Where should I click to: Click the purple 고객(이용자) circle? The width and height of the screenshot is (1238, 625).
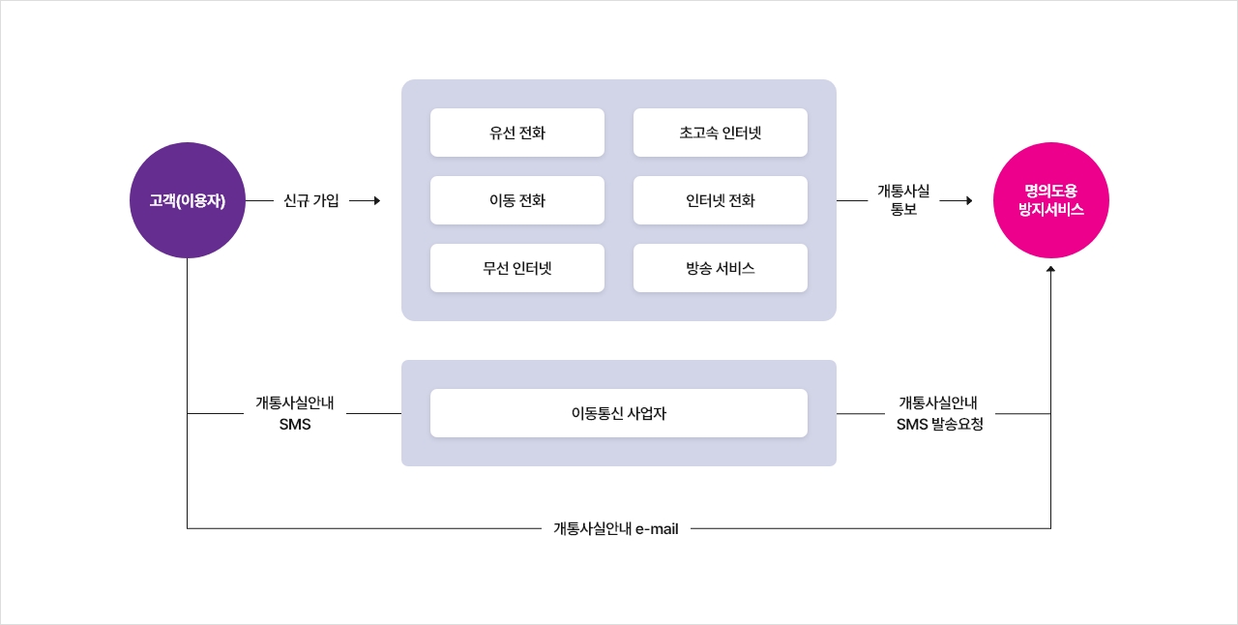(x=188, y=200)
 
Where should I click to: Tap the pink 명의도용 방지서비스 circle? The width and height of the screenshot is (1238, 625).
(x=1050, y=200)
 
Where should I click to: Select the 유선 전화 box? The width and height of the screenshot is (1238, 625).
(x=517, y=133)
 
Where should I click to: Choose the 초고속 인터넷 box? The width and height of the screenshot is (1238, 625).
(x=721, y=133)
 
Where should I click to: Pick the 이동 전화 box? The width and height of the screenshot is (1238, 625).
(x=517, y=200)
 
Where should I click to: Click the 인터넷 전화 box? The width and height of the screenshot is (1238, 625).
(x=721, y=200)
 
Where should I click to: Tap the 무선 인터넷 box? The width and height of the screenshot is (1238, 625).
(x=517, y=268)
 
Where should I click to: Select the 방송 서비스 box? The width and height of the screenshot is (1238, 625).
(x=721, y=268)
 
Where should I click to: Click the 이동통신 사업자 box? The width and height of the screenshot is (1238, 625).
(x=619, y=413)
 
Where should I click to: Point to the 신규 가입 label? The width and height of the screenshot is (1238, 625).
(x=311, y=201)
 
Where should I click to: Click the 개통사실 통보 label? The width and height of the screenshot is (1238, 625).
(x=903, y=200)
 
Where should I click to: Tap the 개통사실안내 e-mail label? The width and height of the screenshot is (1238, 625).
(x=616, y=529)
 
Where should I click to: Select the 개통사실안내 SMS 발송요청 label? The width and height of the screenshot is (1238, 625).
(x=939, y=413)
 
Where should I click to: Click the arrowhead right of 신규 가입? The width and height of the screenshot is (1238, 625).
(x=376, y=201)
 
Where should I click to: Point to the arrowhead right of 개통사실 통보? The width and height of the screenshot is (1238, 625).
(x=967, y=201)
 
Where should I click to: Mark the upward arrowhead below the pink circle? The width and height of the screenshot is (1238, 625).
(x=1050, y=268)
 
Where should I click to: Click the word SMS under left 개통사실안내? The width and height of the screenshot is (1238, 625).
(x=295, y=424)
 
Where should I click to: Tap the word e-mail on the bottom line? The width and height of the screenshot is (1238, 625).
(x=657, y=529)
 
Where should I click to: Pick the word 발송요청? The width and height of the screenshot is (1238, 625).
(x=958, y=424)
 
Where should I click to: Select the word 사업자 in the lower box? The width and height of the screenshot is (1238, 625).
(x=646, y=413)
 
